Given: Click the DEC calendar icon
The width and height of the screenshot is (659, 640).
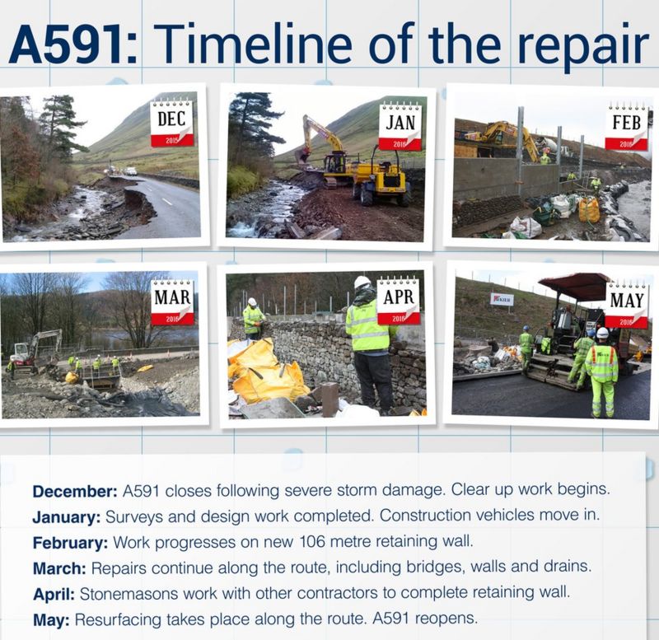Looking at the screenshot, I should point(172,123).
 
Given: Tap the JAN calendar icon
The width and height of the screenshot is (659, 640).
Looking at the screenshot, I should point(400,126).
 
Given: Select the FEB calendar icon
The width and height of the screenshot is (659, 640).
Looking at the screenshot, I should point(626,127).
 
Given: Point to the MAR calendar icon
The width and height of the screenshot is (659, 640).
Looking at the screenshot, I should point(172,302).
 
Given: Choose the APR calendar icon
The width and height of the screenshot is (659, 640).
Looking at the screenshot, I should point(399,301).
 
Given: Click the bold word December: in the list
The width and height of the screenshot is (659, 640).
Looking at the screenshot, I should point(75,490).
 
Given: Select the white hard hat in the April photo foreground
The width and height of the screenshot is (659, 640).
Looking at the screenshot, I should point(362,283).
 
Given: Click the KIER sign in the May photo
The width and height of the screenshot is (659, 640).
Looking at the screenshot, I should point(501,300).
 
